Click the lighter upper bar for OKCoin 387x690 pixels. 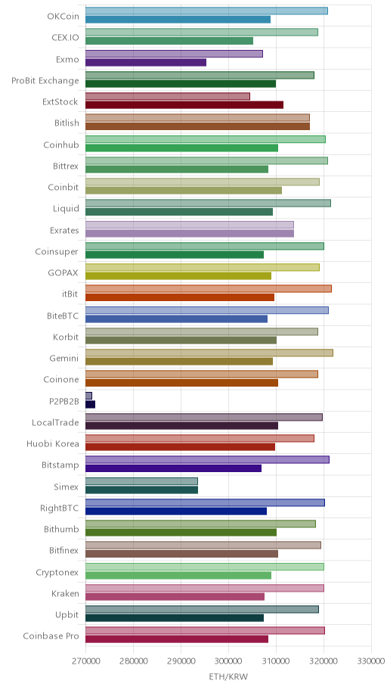[206, 11]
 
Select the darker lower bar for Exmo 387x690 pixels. [146, 63]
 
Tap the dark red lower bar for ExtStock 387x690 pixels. [184, 105]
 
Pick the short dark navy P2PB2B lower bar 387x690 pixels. [90, 405]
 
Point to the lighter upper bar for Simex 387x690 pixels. [141, 481]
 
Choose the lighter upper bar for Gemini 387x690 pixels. [209, 353]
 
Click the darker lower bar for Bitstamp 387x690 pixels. [173, 468]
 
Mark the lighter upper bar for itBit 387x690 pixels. [209, 289]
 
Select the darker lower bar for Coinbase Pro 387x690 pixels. [177, 639]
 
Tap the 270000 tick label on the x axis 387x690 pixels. [85, 661]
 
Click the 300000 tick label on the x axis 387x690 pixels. [229, 661]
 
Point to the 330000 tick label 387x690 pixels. [371, 661]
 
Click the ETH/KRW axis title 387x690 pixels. [228, 677]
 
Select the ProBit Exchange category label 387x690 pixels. [45, 80]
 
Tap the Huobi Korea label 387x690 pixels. [53, 443]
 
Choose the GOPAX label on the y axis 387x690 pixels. [63, 273]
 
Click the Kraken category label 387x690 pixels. [65, 594]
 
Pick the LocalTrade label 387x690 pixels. [55, 423]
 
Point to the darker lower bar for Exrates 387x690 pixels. [190, 234]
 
